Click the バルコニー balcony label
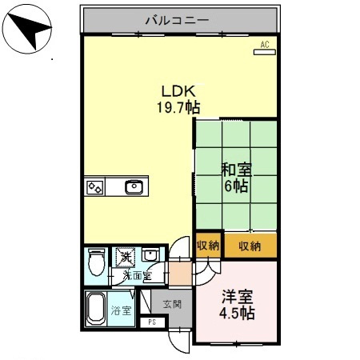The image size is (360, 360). [177, 18]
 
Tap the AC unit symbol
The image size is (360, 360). [264, 46]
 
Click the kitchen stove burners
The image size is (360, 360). [95, 188]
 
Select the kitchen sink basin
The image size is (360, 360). [134, 188]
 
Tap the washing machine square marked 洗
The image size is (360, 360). [125, 257]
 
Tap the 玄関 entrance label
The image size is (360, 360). [171, 304]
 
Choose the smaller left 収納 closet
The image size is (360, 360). [208, 245]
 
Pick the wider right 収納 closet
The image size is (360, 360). [250, 245]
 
